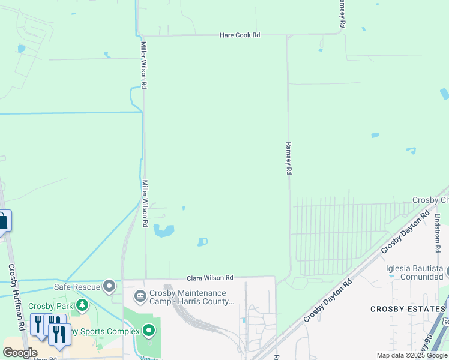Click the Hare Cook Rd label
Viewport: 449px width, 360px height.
[x=240, y=35]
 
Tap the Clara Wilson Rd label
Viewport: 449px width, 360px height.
[x=209, y=278]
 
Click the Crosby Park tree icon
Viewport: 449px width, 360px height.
[x=82, y=306]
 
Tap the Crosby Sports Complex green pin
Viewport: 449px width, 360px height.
[x=149, y=330]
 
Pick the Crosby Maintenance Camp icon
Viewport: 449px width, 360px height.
[x=140, y=296]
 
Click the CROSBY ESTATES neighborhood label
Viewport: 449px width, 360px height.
[x=406, y=309]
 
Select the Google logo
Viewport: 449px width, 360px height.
[x=20, y=353]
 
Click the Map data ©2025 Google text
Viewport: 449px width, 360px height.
[x=412, y=355]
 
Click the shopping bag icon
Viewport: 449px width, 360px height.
[x=3, y=220]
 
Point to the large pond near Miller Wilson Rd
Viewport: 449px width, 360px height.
[x=163, y=230]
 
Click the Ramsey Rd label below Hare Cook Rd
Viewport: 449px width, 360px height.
[x=289, y=158]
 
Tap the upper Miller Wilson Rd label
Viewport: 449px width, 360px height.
[x=144, y=65]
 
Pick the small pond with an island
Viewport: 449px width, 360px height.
[x=202, y=242]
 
